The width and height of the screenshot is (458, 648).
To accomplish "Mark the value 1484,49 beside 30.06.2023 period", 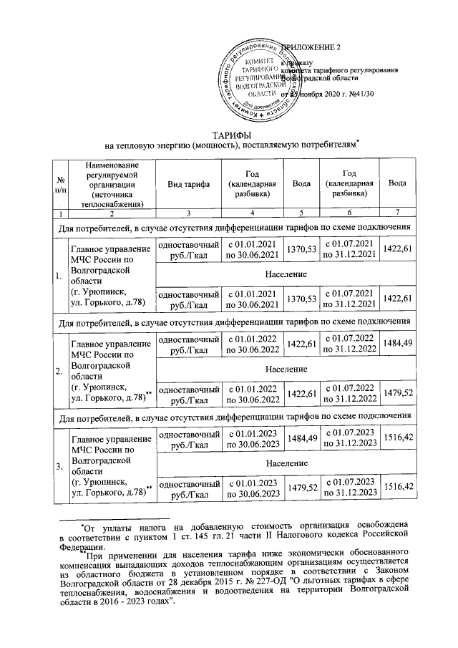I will [x=301, y=442].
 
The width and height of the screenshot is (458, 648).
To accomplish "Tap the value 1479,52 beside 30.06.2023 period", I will [x=301, y=490].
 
